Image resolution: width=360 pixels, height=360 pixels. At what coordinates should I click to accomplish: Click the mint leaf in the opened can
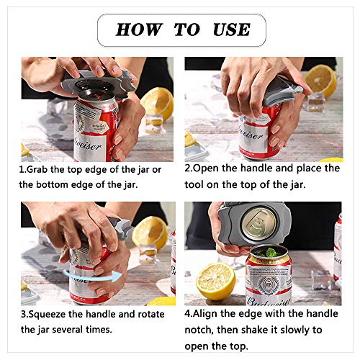click(268, 253)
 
